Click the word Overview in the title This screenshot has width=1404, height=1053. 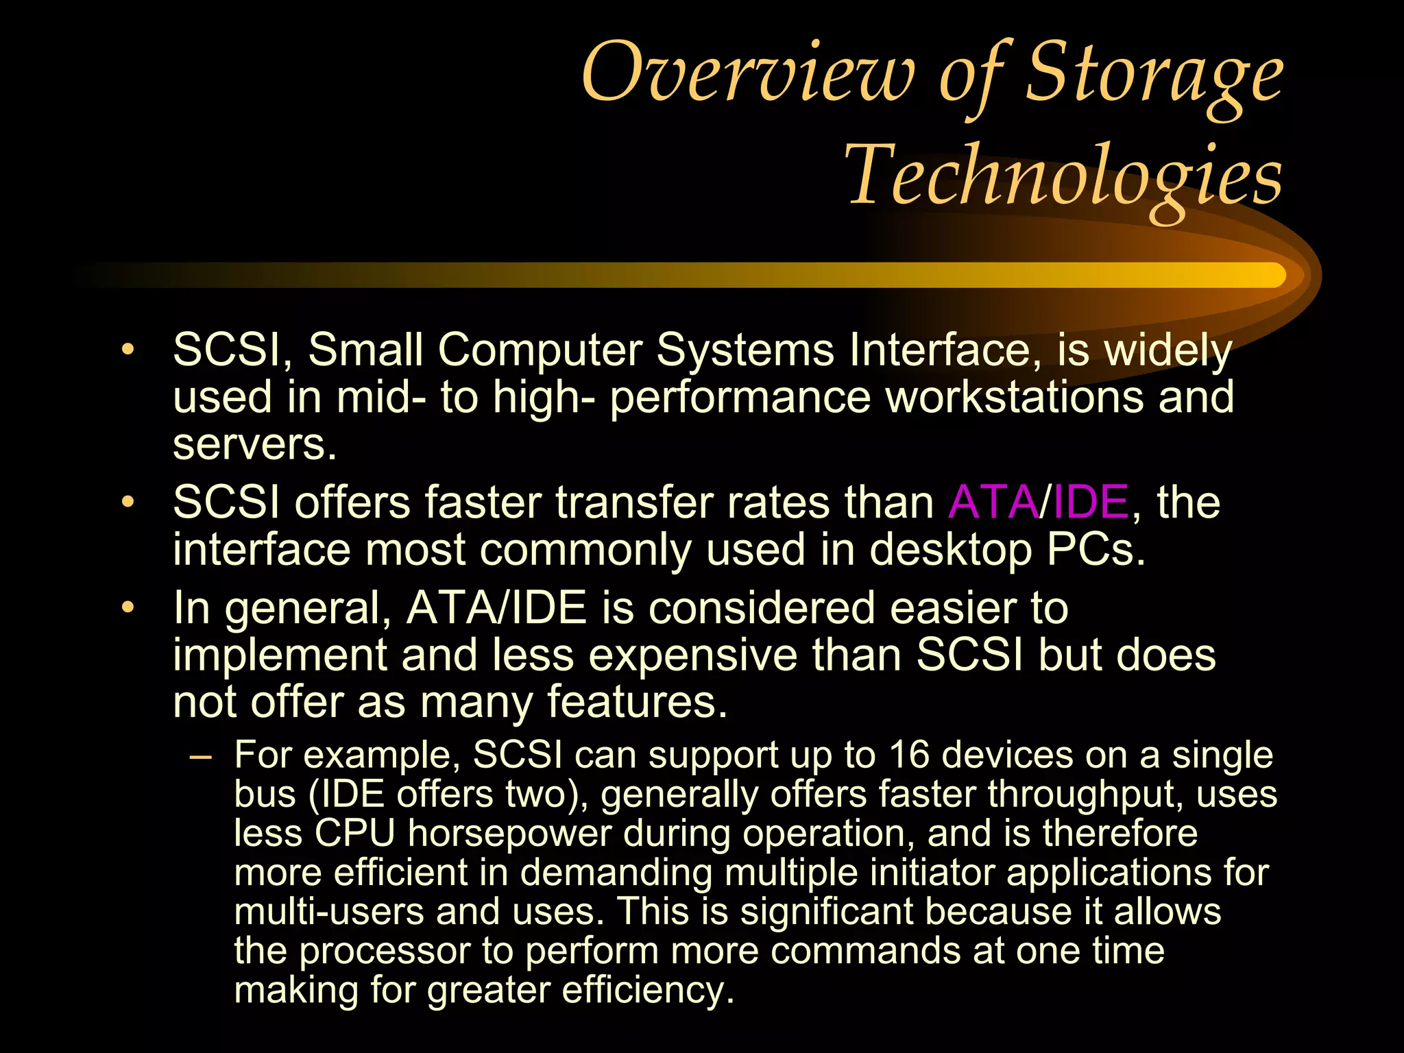747,72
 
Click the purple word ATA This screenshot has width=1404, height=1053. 993,502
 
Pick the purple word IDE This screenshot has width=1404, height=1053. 1091,502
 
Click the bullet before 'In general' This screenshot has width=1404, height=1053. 128,608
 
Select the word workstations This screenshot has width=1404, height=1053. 1015,397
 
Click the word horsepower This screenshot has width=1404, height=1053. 509,834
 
